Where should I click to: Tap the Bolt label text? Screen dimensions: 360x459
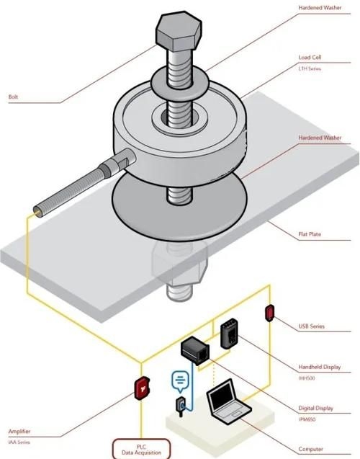click(13, 97)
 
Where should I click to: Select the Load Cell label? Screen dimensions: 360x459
click(310, 58)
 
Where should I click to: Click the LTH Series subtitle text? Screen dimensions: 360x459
click(310, 68)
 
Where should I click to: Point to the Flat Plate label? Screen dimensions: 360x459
click(310, 234)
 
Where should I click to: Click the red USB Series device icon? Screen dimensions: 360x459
click(269, 313)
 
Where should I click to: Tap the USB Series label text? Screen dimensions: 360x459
click(312, 326)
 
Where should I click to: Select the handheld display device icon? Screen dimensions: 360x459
click(229, 334)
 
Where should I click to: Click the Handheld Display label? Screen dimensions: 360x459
click(320, 367)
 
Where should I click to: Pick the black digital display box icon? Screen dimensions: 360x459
click(195, 350)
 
